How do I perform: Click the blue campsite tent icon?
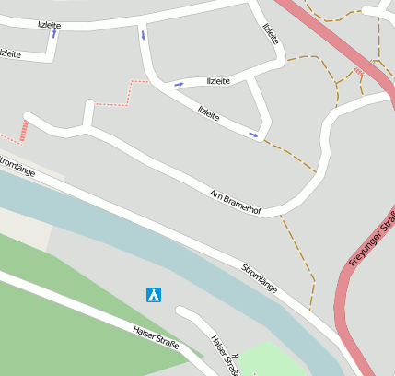coord(154,295)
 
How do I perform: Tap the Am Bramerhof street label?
coord(236,204)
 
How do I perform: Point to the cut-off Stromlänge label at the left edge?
coord(16,167)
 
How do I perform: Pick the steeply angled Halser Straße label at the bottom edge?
coord(225,356)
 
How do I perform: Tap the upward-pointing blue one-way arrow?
coord(53,34)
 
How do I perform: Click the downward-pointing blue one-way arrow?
coord(143,35)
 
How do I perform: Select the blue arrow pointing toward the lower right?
coord(253,135)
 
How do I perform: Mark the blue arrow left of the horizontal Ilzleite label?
coord(179,84)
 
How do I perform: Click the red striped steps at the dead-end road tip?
coord(22,131)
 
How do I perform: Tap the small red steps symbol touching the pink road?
coord(358,71)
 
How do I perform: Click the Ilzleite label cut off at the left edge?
coord(9,53)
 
